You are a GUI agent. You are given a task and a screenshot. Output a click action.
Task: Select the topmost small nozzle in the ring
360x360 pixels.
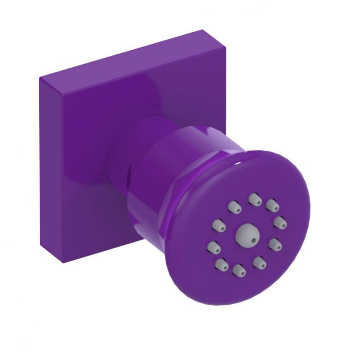coord(255,199)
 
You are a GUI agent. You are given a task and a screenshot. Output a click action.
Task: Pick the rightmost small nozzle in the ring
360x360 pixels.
coord(280,222)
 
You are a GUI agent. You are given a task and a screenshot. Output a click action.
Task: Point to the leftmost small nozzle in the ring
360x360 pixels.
coord(214,247)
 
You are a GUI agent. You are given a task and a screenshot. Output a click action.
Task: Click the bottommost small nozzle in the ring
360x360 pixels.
coord(239,270)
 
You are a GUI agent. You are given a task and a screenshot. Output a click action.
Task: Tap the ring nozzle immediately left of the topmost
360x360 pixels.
coord(234,207)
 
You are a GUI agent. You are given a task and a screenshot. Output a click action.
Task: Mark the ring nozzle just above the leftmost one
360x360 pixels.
coord(219,226)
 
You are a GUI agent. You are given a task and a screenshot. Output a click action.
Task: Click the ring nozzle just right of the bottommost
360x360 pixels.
coord(259,262)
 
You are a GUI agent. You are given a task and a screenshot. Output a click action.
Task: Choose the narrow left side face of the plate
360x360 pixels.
coord(50,169)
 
